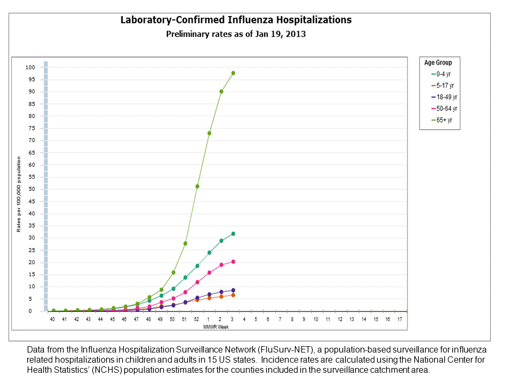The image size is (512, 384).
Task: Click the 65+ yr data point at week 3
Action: [x=233, y=73]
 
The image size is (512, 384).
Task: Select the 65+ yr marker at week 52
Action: [x=197, y=186]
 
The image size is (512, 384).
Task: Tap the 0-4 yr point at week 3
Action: [x=233, y=234]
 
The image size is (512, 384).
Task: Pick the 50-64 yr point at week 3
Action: [x=233, y=262]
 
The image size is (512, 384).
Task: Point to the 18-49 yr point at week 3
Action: [x=233, y=290]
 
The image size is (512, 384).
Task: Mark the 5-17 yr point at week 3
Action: [x=233, y=295]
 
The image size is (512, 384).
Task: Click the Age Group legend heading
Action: [x=438, y=62]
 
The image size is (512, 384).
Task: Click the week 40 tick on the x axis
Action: [x=52, y=319]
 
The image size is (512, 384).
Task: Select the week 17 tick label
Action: [x=400, y=319]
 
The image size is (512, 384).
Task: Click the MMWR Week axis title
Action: [x=217, y=327]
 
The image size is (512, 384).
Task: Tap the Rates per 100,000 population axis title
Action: [x=19, y=194]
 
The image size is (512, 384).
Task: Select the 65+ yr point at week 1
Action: [x=210, y=133]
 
